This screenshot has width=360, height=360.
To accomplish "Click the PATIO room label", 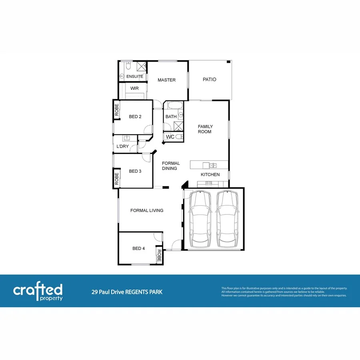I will coord(209,80).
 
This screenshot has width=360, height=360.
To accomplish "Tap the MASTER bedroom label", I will coord(166,80).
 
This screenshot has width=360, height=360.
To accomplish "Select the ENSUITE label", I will coord(134,76).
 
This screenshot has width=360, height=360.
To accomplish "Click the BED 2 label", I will coord(135,117).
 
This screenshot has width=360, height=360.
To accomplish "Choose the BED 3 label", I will coord(135,171).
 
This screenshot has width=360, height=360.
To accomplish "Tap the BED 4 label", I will coord(138,248).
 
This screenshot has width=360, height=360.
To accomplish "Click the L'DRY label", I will coord(122,146).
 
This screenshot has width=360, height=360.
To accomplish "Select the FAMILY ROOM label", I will coord(205,129).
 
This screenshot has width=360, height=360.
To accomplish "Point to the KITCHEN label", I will coord(210,175).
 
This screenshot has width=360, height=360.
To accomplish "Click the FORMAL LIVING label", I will coord(147,210).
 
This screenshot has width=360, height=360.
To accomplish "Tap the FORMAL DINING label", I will coord(171,166).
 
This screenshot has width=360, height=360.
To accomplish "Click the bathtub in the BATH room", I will coord(174,106).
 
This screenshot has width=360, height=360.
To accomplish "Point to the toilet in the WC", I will coord(179,137).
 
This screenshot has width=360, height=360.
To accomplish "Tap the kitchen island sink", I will coord(213,165).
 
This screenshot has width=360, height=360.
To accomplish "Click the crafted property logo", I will coord(38,292).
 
